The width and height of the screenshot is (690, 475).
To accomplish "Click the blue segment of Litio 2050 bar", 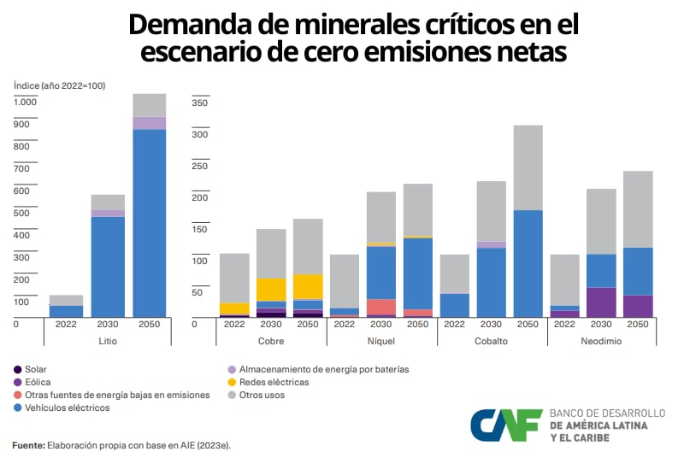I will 150,222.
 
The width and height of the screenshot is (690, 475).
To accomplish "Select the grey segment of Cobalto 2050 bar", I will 528,167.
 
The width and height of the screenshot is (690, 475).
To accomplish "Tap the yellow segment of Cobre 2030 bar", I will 271,289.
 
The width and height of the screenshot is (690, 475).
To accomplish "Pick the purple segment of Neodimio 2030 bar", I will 601,302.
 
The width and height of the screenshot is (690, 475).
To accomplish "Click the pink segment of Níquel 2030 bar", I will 380,307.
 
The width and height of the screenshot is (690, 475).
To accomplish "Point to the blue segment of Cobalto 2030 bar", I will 491,282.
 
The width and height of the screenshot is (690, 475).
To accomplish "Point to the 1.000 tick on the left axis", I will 26,103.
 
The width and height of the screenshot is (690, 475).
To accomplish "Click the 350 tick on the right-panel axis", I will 200,103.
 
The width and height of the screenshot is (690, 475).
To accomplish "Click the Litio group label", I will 108,340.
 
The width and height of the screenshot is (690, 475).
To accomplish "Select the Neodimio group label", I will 601,340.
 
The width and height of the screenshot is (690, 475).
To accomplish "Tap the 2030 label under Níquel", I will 380,325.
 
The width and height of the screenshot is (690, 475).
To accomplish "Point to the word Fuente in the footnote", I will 27,445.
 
